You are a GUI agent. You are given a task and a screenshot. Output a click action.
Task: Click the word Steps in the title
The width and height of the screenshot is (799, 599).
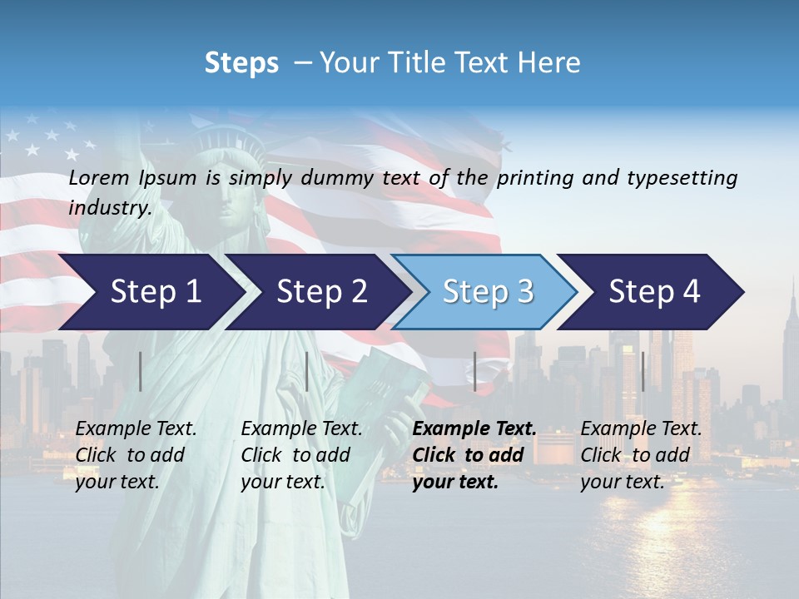pyautogui.click(x=241, y=63)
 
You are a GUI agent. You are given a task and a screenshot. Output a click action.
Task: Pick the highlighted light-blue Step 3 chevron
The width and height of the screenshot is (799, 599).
pyautogui.click(x=487, y=292)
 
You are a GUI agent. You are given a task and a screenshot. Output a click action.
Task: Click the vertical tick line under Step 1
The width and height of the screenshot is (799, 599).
pyautogui.click(x=141, y=371)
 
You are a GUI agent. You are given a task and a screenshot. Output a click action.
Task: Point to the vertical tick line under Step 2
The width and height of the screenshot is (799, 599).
pyautogui.click(x=307, y=371)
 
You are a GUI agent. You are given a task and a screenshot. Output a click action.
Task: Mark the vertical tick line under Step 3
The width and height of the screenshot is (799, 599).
pyautogui.click(x=475, y=371)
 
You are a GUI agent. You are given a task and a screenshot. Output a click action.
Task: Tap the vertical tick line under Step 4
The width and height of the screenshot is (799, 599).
pyautogui.click(x=643, y=371)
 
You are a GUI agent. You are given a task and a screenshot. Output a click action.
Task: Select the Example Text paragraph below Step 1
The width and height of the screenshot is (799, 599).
pyautogui.click(x=135, y=455)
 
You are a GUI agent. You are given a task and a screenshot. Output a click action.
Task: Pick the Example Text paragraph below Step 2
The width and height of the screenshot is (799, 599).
pyautogui.click(x=300, y=455)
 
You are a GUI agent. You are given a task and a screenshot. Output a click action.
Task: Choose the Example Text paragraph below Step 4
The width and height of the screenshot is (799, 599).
pyautogui.click(x=640, y=455)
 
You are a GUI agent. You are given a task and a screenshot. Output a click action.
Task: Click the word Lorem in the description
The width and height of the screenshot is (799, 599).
pyautogui.click(x=99, y=177)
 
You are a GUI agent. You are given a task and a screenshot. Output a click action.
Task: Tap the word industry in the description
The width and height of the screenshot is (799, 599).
pyautogui.click(x=109, y=208)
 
